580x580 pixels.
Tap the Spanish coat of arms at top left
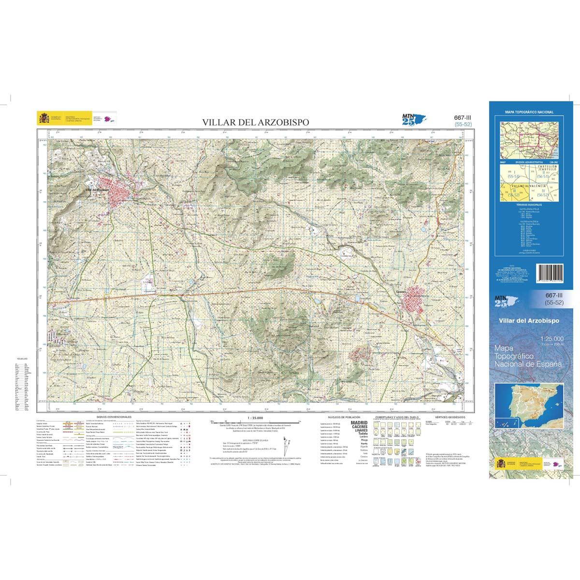coord(41,118)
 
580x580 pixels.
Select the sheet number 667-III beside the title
coord(463,117)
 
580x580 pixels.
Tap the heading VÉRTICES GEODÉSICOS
coord(449,416)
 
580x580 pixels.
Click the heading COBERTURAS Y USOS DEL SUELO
coord(399,416)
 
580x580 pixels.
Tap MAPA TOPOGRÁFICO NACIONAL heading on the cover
coord(529,112)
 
